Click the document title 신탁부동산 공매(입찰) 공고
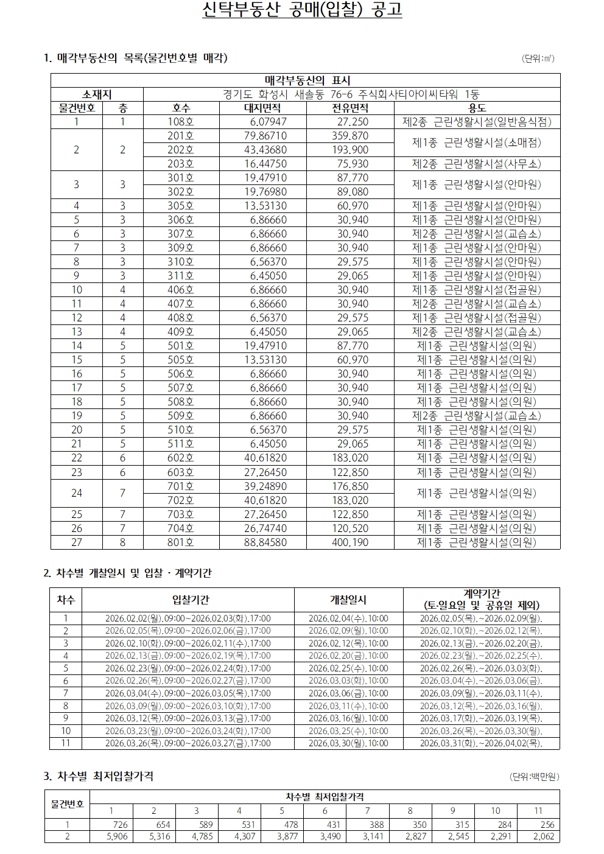pyautogui.click(x=302, y=11)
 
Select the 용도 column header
pyautogui.click(x=477, y=108)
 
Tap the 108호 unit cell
pyautogui.click(x=180, y=122)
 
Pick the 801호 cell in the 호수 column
pyautogui.click(x=180, y=542)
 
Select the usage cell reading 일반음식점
pyautogui.click(x=477, y=122)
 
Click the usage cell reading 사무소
pyautogui.click(x=477, y=164)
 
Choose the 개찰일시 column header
pyautogui.click(x=348, y=600)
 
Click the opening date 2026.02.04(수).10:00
pyautogui.click(x=348, y=618)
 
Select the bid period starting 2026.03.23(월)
pyautogui.click(x=188, y=730)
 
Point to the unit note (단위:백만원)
pyautogui.click(x=534, y=777)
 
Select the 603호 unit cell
pyautogui.click(x=180, y=472)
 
